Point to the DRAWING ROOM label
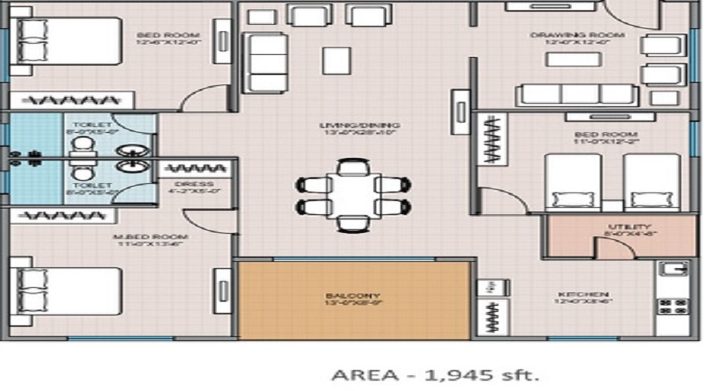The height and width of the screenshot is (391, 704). (x=577, y=35)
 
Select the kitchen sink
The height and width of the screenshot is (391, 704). (x=672, y=270)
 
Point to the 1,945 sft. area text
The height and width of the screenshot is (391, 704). (x=436, y=375)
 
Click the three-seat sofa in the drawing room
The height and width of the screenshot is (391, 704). (x=576, y=94)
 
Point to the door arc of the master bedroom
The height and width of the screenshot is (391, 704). (x=207, y=221)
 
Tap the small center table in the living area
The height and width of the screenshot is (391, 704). (x=336, y=59)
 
